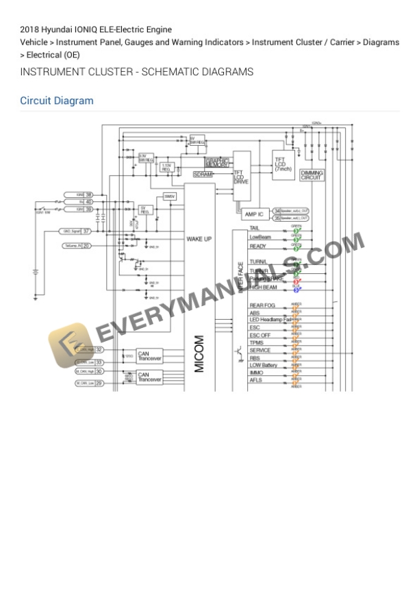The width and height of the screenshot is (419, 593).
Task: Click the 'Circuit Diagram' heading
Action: [57, 101]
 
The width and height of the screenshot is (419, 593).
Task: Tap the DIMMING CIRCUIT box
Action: [312, 175]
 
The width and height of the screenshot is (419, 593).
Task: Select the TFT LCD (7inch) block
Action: [283, 164]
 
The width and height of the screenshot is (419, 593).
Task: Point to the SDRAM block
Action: [203, 175]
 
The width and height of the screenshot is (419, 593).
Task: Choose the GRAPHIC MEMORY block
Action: [217, 163]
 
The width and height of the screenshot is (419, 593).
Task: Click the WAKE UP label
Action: [199, 238]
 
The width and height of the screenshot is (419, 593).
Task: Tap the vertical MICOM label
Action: [199, 353]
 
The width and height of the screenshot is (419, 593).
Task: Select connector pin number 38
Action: [89, 195]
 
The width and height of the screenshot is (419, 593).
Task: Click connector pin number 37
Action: [87, 231]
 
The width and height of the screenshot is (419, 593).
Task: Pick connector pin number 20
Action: [87, 245]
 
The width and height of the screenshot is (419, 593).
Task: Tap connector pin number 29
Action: [99, 383]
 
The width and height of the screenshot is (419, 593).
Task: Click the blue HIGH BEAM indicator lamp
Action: [296, 289]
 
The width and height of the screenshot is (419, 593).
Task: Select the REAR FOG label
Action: [262, 305]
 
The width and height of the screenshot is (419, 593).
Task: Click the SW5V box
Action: [170, 197]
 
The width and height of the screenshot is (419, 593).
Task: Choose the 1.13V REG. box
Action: [166, 166]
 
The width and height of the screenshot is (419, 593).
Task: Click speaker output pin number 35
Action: [277, 218]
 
